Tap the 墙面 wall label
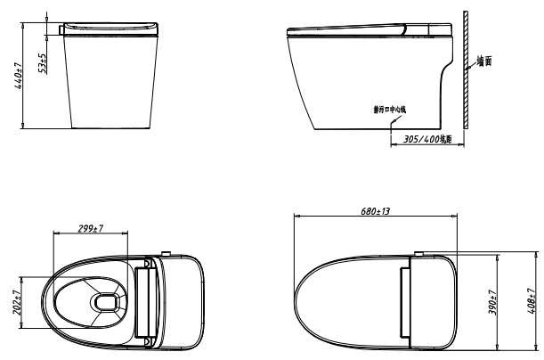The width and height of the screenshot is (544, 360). pyautogui.click(x=483, y=62)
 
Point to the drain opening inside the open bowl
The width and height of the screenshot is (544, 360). pyautogui.click(x=106, y=301)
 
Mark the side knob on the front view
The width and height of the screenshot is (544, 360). pyautogui.click(x=60, y=29)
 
